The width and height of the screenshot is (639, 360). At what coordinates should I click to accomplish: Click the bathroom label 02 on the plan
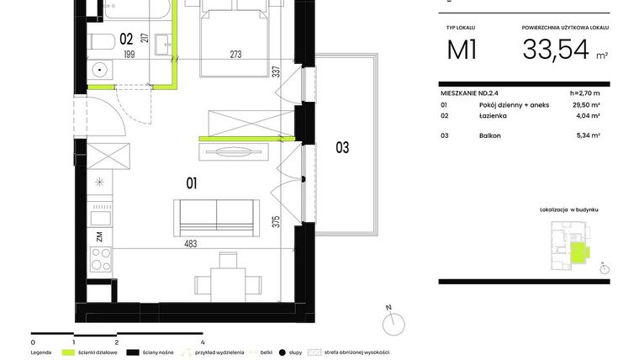[x=127, y=38]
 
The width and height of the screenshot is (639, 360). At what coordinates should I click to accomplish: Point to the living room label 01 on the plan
[x=191, y=181]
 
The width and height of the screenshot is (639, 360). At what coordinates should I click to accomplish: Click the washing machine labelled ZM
[x=99, y=237]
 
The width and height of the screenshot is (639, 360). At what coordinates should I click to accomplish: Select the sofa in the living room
[x=216, y=214]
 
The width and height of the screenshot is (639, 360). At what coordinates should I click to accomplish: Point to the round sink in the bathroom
[x=99, y=70]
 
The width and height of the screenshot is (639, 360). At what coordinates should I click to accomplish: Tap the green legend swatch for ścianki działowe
[x=69, y=352]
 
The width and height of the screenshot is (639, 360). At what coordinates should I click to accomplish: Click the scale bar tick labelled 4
[x=203, y=342]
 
